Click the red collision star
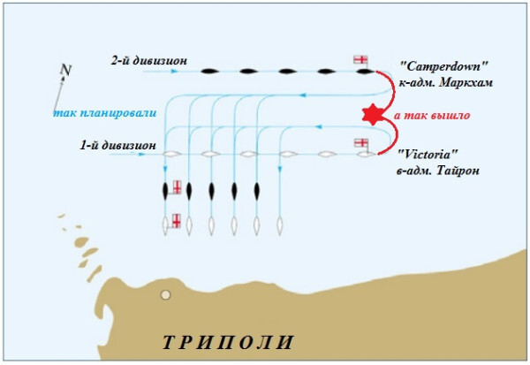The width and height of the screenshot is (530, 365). pyautogui.click(x=373, y=115)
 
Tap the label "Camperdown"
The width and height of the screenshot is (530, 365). pyautogui.click(x=444, y=65)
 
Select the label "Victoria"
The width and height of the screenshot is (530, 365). pyautogui.click(x=428, y=155)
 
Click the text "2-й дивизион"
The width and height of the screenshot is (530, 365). pyautogui.click(x=149, y=61)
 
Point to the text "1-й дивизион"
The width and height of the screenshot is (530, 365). pyautogui.click(x=118, y=145)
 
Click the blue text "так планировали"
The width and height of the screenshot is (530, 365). pyautogui.click(x=105, y=112)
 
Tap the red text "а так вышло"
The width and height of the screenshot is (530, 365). pyautogui.click(x=432, y=116)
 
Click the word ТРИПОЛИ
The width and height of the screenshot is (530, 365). pyautogui.click(x=228, y=342)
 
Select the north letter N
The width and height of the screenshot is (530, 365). pyautogui.click(x=66, y=70)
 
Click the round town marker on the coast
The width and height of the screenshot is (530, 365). pyautogui.click(x=165, y=295)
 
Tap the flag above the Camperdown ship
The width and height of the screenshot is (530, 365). pyautogui.click(x=360, y=59)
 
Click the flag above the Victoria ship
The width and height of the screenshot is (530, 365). pyautogui.click(x=361, y=143)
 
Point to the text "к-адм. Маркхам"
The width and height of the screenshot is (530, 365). pyautogui.click(x=445, y=82)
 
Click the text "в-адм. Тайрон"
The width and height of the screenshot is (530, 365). pyautogui.click(x=438, y=171)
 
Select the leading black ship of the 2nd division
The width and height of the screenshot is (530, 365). pyautogui.click(x=366, y=72)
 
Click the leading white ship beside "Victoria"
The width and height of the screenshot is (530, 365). pyautogui.click(x=367, y=155)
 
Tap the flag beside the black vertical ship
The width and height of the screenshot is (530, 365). pyautogui.click(x=178, y=187)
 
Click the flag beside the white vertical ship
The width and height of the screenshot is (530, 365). pyautogui.click(x=177, y=221)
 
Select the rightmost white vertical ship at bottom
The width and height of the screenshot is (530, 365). pyautogui.click(x=279, y=226)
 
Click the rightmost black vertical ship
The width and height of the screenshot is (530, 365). pyautogui.click(x=256, y=192)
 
